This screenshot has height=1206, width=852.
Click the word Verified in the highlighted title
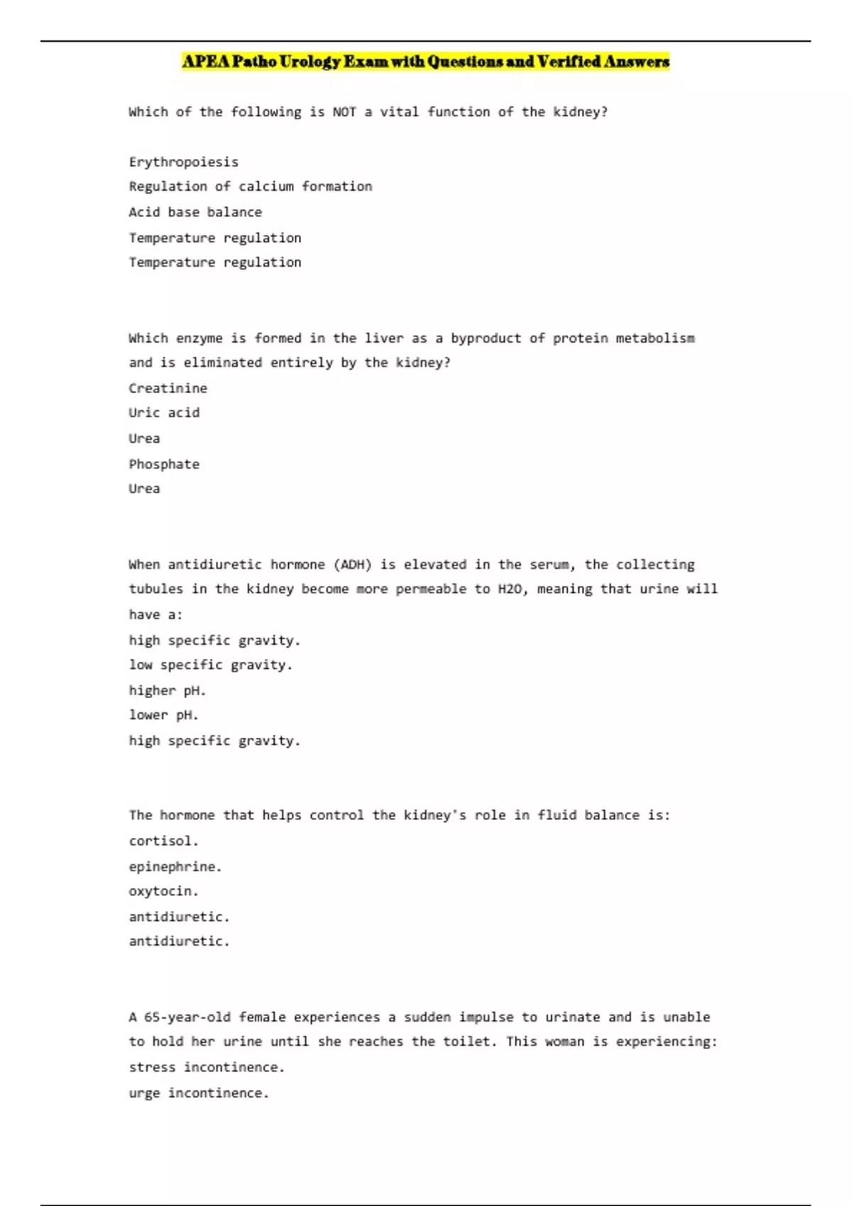point(569,62)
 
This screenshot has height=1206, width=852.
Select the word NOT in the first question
point(344,112)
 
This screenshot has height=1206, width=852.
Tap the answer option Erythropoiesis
point(183,162)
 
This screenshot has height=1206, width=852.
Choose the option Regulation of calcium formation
point(250,187)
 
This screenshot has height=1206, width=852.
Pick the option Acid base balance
point(195,212)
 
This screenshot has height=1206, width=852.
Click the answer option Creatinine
point(168,388)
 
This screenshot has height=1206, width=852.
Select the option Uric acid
point(164,413)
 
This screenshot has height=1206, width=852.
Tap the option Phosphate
point(164,464)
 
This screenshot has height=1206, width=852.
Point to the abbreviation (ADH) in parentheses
point(352,565)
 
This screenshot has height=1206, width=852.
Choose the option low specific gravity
point(210,665)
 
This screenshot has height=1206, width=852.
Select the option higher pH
point(167,690)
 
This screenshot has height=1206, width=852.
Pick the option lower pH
point(163,715)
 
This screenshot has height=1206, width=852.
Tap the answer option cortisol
point(163,841)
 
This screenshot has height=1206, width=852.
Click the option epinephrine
point(175,866)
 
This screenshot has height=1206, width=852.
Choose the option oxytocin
point(163,891)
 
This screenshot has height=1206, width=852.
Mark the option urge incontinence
point(199,1093)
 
